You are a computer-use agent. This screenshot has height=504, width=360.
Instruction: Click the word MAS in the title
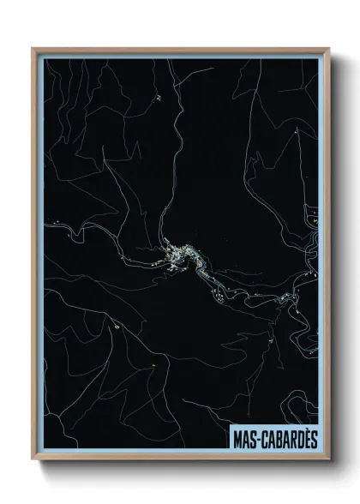(x=244, y=438)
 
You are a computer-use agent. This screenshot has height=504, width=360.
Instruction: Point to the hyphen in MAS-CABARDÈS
(x=257, y=439)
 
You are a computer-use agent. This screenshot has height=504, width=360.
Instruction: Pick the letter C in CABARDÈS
(x=263, y=438)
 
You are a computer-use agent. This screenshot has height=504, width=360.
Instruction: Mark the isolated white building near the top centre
(x=159, y=98)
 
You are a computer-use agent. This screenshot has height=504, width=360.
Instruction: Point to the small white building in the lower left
(x=112, y=326)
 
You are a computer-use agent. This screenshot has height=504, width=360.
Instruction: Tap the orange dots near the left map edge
(x=57, y=224)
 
